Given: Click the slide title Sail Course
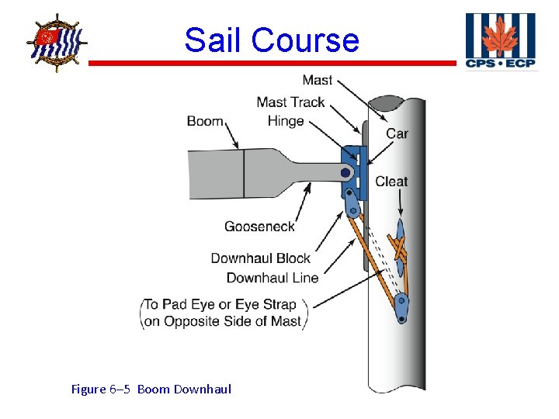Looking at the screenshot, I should point(272,40).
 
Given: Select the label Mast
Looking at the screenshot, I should point(318,80).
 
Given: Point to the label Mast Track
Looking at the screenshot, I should point(290,102).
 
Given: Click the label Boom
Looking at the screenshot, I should point(205,121).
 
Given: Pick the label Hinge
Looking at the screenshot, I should point(285,121).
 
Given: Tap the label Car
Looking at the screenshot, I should point(397,133).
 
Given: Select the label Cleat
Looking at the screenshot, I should point(391,182).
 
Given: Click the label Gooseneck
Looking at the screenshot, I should point(259,227).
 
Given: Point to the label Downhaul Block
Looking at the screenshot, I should point(260,258).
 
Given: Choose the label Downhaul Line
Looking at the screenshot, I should point(272,278).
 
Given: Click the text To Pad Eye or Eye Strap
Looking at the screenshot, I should point(225,305).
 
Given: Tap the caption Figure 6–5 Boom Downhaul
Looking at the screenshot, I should point(151,389).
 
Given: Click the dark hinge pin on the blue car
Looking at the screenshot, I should point(345,173).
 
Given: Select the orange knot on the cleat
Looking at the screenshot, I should point(401,250).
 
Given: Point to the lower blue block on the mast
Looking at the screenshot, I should point(401,303).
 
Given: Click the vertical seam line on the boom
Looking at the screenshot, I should point(244,173).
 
